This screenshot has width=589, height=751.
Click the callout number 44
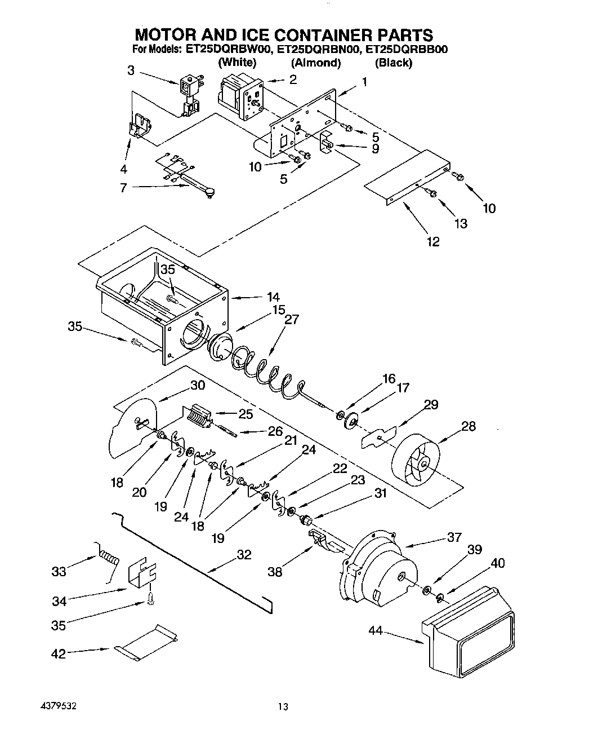pos(375,631)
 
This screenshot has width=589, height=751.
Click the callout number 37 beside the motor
pos(454,537)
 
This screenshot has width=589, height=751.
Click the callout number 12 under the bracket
pos(433,241)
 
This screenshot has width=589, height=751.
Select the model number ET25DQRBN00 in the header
pos(318,50)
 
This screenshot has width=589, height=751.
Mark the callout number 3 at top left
pos(131,70)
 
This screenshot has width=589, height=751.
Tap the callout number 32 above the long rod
pos(243,555)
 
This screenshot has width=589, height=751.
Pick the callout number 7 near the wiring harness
pos(123,188)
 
